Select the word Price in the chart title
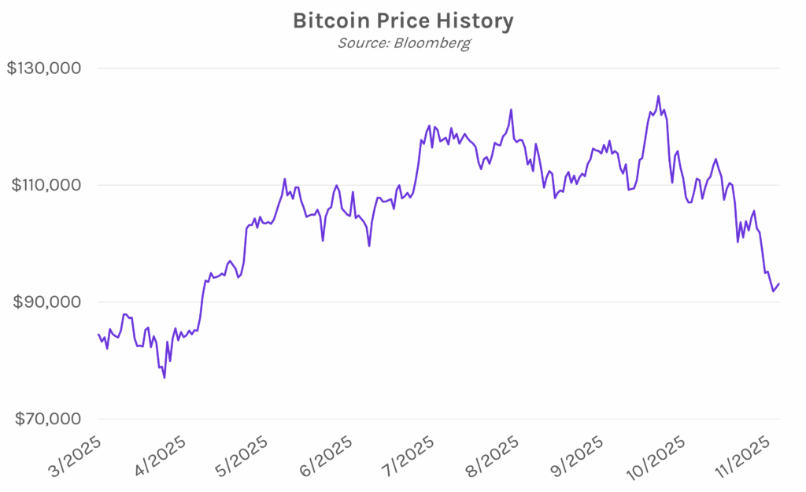406,20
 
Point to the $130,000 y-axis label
44,68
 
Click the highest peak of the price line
658,97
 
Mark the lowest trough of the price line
165,378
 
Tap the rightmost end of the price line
779,284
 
